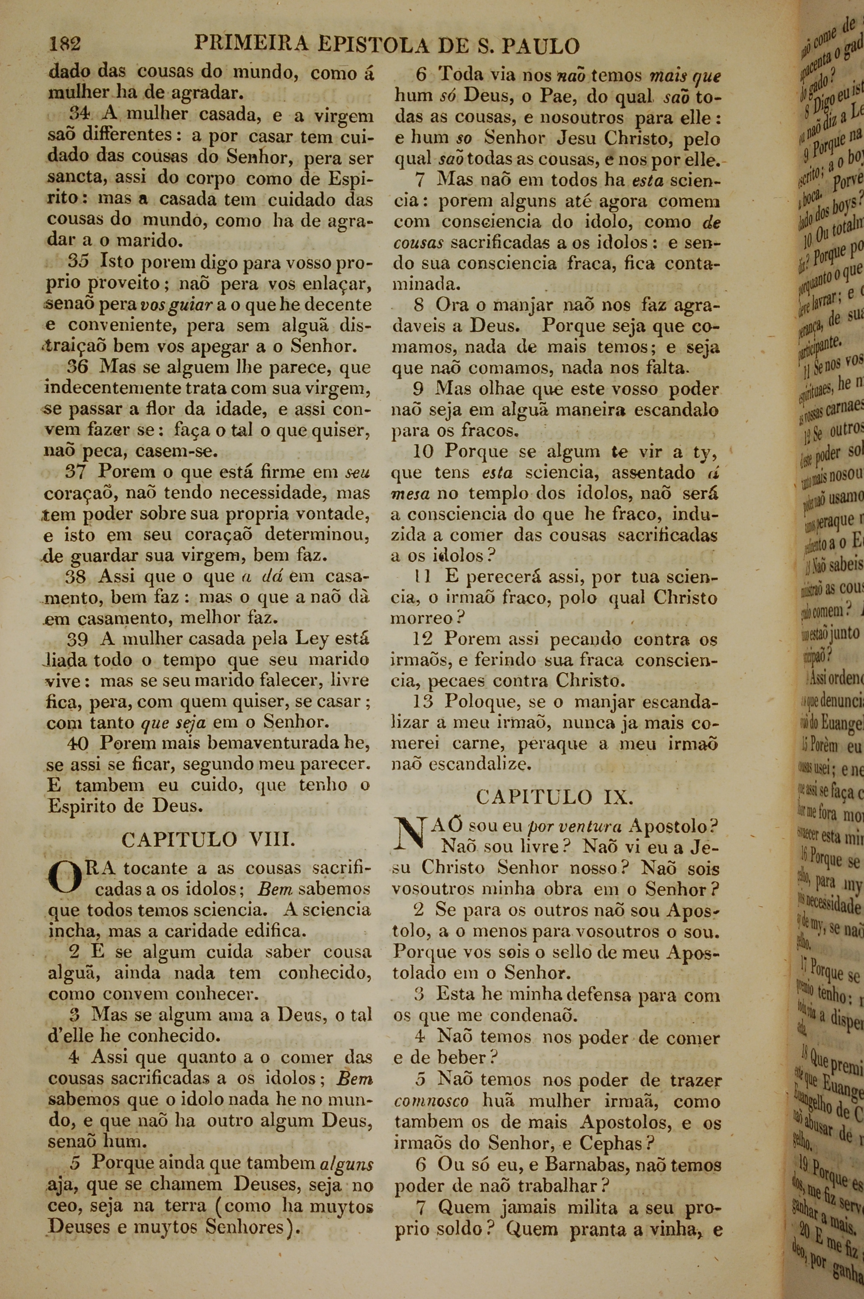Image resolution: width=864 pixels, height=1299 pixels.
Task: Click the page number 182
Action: click(x=65, y=44)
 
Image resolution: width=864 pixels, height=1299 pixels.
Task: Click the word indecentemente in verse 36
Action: click(x=120, y=389)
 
